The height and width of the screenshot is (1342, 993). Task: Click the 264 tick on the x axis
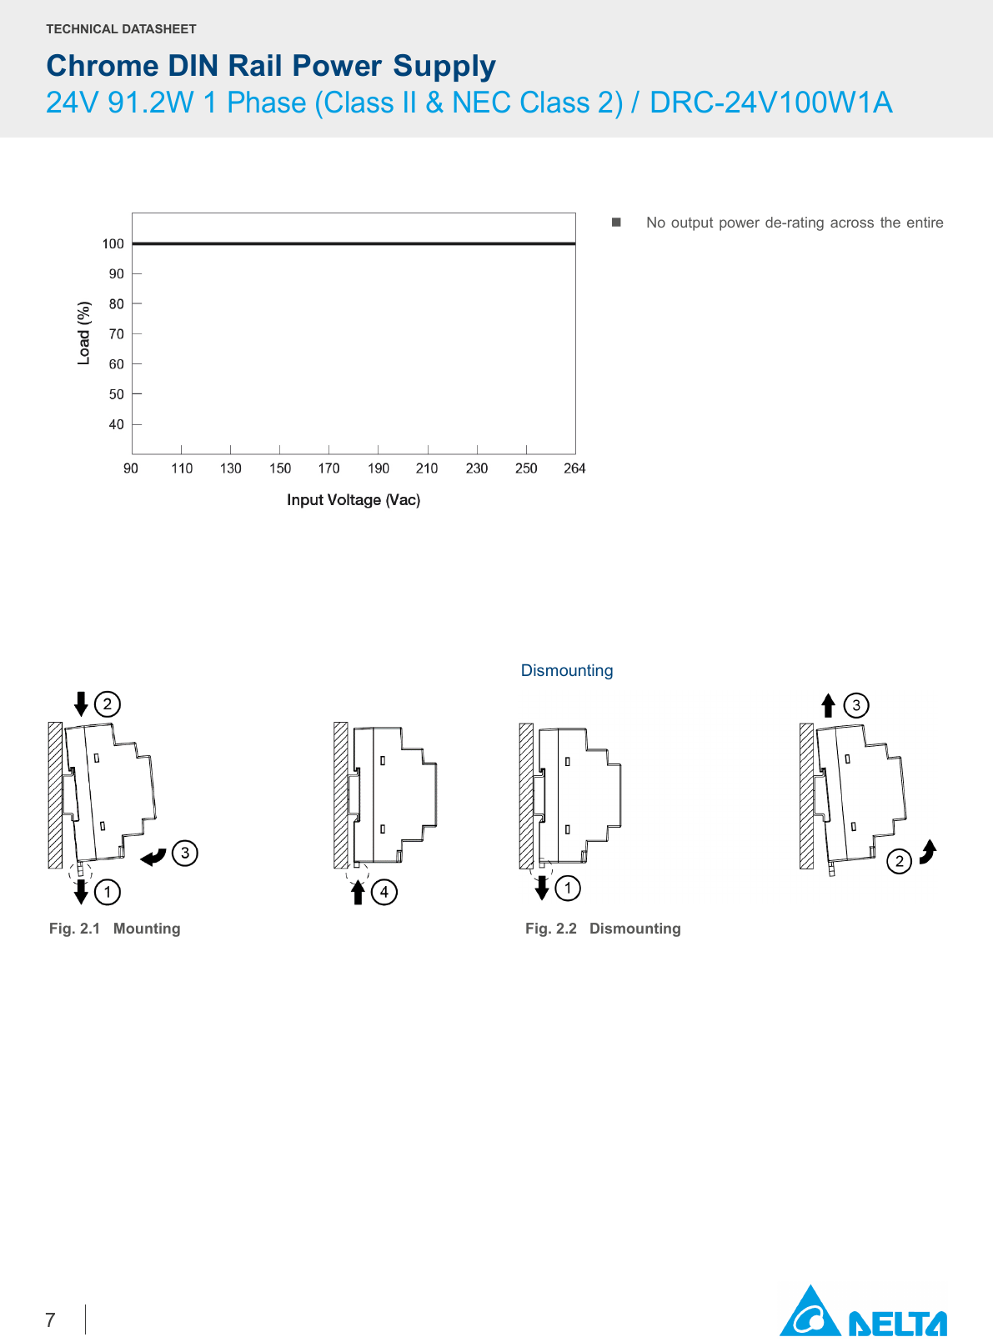click(574, 468)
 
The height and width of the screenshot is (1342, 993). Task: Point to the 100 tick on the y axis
click(113, 244)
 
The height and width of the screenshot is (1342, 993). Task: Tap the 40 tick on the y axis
click(116, 424)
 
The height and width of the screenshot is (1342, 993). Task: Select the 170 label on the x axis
click(328, 468)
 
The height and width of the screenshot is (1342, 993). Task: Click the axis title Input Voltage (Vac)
click(354, 500)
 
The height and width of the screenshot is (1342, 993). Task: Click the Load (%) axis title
click(83, 333)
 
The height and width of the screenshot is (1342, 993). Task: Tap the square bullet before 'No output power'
click(616, 223)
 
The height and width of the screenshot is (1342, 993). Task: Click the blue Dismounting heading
click(567, 671)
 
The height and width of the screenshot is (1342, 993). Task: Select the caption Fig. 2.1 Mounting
click(115, 929)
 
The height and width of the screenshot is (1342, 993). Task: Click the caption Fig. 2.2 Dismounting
click(603, 929)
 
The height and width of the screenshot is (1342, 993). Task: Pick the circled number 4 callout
click(384, 892)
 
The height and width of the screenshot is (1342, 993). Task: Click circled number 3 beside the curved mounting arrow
click(185, 854)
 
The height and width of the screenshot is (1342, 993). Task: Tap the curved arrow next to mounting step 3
click(153, 856)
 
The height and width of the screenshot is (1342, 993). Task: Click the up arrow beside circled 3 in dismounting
click(828, 706)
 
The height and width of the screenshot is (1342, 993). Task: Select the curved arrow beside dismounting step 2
click(928, 852)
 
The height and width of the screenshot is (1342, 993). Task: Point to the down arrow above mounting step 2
click(81, 704)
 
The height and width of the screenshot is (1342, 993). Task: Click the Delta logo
click(862, 1312)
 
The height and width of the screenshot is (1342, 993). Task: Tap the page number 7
click(50, 1320)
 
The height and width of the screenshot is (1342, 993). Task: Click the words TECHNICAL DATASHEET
click(121, 29)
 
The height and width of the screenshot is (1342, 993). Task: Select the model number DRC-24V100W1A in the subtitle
click(770, 103)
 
